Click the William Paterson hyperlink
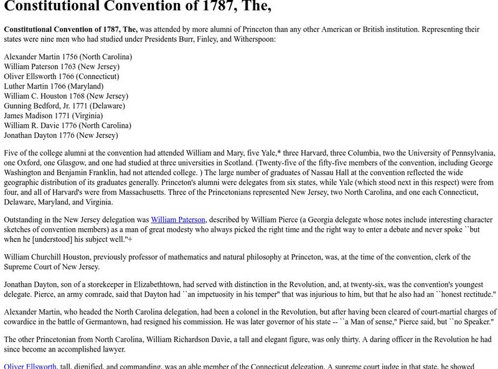pyautogui.click(x=178, y=220)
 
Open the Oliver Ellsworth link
pyautogui.click(x=31, y=366)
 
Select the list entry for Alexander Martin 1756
pyautogui.click(x=67, y=57)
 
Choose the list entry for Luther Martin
pyautogui.click(x=54, y=86)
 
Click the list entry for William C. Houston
pyautogui.click(x=65, y=96)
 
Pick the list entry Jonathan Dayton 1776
pyautogui.click(x=60, y=135)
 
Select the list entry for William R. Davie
pyautogui.click(x=67, y=125)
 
